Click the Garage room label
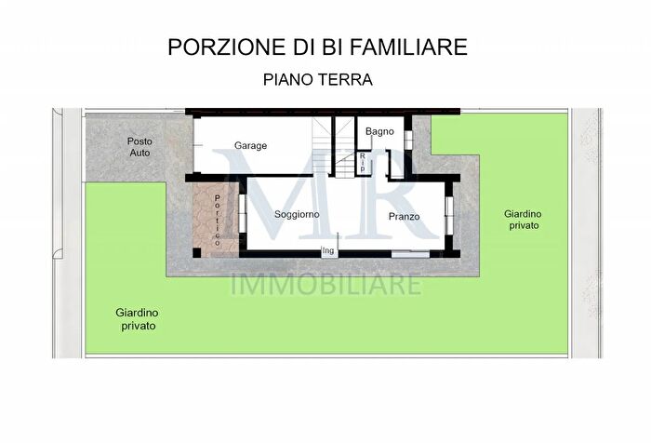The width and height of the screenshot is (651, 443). [251, 146]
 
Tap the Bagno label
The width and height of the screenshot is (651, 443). [380, 132]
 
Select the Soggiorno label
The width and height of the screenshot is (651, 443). [297, 215]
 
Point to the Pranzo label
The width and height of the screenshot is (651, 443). [404, 217]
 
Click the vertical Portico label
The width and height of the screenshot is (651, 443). [218, 221]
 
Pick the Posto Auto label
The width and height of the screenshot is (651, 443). [139, 146]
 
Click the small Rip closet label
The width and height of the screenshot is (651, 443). [363, 163]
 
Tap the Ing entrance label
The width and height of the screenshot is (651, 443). [327, 249]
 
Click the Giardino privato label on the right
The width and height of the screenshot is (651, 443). [524, 220]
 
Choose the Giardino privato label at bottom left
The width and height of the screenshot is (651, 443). [138, 320]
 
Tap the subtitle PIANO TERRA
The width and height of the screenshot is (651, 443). [318, 80]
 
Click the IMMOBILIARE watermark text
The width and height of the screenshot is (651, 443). [325, 284]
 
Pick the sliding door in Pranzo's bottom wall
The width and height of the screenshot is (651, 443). [409, 253]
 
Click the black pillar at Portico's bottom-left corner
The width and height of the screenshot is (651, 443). [190, 253]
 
